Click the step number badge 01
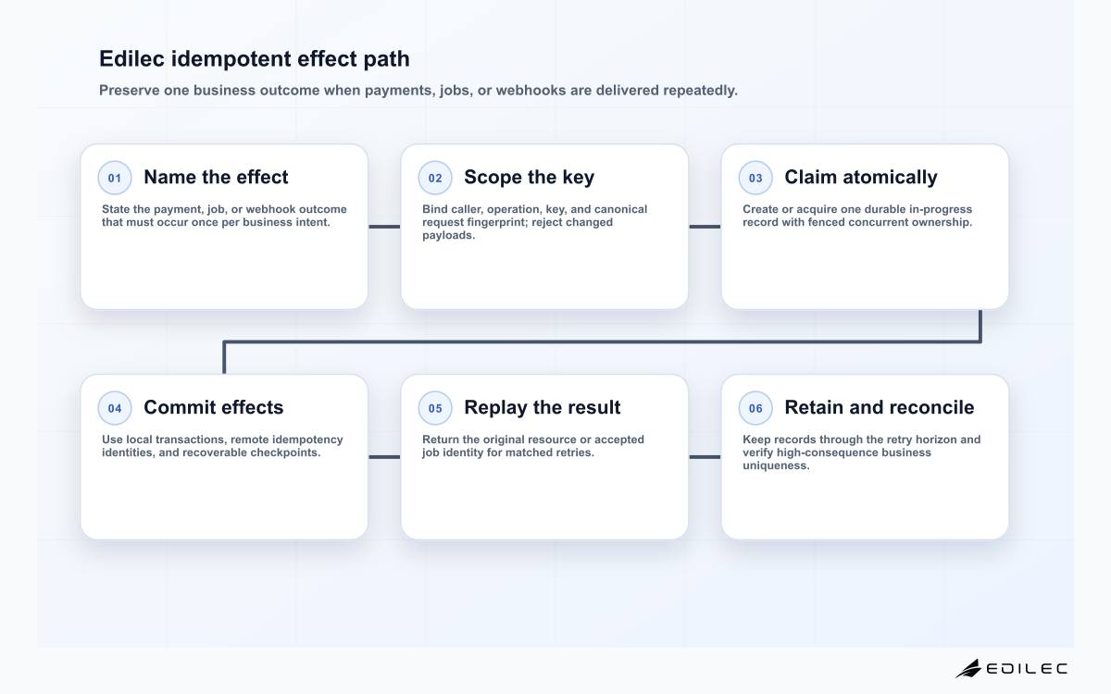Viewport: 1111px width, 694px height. coord(115,178)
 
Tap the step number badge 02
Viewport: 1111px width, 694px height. coord(435,178)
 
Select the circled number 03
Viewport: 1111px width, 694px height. coord(755,178)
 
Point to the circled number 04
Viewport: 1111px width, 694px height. coord(115,408)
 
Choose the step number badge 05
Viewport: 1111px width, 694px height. coord(435,408)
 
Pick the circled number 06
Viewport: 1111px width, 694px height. coord(755,408)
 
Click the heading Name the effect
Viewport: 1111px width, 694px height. coord(216,177)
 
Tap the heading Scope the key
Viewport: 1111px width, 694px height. coord(530,178)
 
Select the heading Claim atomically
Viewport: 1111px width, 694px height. coord(861,178)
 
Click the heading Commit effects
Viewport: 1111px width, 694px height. coord(214,407)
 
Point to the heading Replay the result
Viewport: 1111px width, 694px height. coord(543,408)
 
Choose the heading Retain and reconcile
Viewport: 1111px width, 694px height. coord(880,407)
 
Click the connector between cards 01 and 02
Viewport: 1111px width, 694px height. coord(384,227)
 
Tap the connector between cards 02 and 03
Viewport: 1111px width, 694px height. coord(705,227)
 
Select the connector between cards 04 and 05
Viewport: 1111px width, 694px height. coord(384,457)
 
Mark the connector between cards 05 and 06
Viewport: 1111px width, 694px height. coord(705,457)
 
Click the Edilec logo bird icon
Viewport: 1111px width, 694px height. coord(968,668)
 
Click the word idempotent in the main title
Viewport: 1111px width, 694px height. coord(231,59)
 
